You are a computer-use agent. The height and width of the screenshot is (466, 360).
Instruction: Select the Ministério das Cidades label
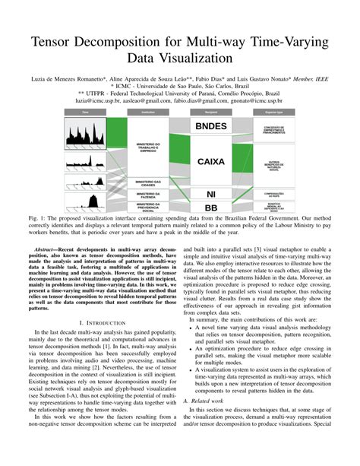pos(147,183)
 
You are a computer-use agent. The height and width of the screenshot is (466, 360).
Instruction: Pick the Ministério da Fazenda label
pos(147,195)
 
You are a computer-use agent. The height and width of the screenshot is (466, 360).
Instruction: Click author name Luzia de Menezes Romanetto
pos(65,78)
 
